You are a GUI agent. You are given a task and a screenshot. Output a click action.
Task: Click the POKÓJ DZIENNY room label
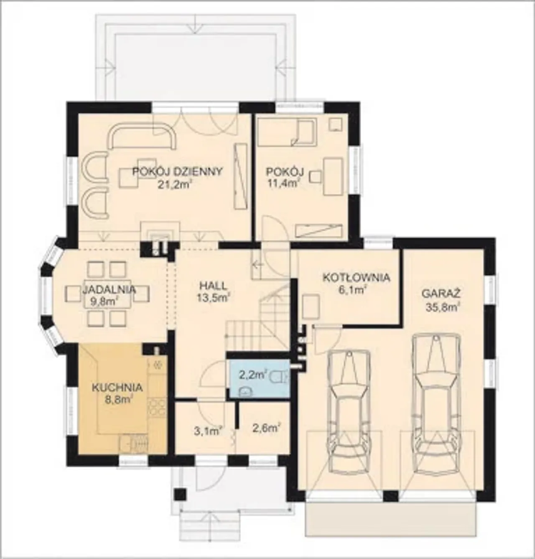pos(177,171)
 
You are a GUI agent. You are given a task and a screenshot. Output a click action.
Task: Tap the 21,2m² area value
pos(174,184)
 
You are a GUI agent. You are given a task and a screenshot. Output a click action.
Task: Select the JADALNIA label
pos(109,289)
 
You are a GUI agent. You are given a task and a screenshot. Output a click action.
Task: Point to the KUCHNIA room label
pos(117,388)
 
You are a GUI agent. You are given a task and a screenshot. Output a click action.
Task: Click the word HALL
pos(213,286)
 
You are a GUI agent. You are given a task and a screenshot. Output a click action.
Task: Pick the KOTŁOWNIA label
pos(357,278)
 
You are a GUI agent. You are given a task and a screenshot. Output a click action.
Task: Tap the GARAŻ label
pos(441,294)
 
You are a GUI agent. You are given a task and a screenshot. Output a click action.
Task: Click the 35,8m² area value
pos(442,307)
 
